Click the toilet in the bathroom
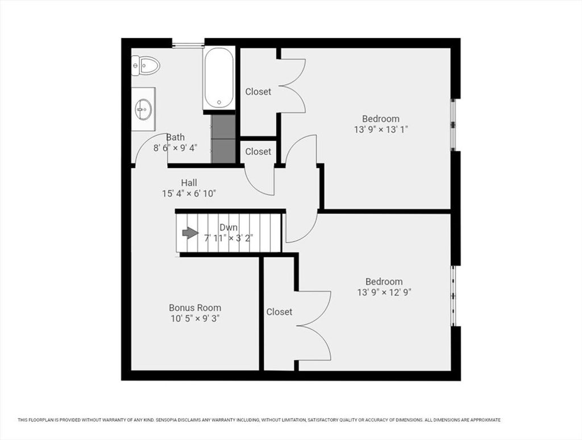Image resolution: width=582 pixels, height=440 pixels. (145, 67)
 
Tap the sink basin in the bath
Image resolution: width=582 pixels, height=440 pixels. (143, 109)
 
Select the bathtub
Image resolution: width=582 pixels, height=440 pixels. (219, 78)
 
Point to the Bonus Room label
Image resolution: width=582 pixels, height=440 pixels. (195, 308)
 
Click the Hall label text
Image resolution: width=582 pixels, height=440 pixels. (189, 183)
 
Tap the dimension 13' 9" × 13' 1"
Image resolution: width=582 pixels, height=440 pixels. (381, 130)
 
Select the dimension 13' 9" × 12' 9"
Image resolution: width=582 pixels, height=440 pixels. (384, 293)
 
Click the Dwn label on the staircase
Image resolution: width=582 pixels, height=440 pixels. (228, 228)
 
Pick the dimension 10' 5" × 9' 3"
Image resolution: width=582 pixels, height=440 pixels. (196, 319)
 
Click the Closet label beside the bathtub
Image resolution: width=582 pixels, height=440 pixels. (258, 92)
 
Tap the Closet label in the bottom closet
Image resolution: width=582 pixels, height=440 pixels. (279, 312)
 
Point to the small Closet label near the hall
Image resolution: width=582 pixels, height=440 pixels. (258, 151)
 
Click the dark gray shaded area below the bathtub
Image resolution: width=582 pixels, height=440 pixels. (223, 138)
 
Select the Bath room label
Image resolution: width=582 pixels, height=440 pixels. (175, 137)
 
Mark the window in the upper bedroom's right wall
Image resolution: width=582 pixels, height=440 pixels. (453, 125)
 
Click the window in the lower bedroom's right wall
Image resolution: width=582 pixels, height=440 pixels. (453, 296)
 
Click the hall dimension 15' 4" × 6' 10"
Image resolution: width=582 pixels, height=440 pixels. (189, 194)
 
